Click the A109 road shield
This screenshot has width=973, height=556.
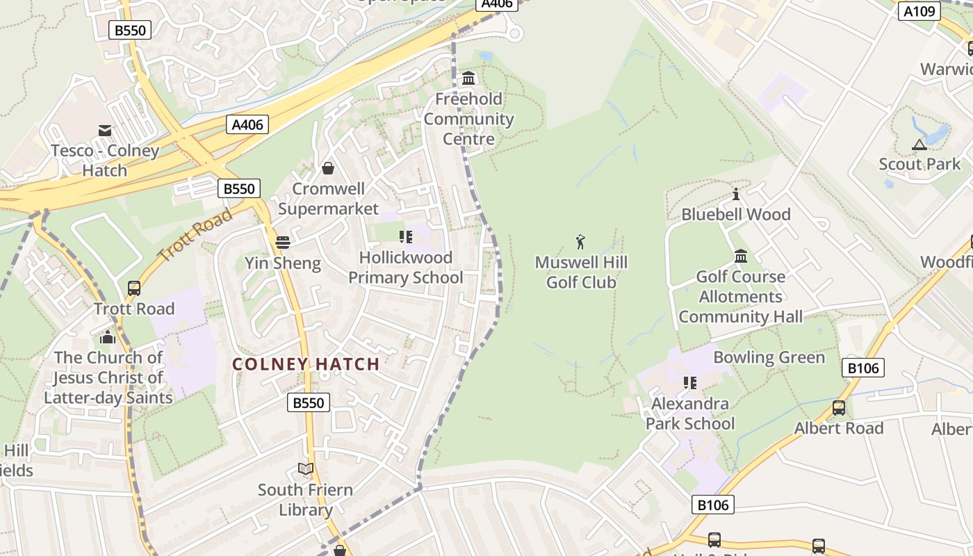click(x=920, y=10)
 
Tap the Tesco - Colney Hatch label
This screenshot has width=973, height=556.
click(x=105, y=161)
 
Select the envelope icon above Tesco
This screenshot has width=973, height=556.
click(x=105, y=130)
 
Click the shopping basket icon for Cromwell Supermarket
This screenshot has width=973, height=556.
click(x=328, y=168)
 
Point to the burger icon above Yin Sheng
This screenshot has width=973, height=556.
click(x=283, y=243)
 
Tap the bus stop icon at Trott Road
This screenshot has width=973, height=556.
click(x=134, y=288)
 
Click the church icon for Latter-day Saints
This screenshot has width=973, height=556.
click(x=108, y=337)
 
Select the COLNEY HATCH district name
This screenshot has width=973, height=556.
click(x=306, y=364)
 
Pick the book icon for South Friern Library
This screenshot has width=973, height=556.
click(x=306, y=469)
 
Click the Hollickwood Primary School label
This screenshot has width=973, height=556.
click(x=405, y=268)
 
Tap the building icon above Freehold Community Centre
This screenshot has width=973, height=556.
click(x=469, y=78)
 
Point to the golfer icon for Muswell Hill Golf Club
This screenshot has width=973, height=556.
click(x=580, y=242)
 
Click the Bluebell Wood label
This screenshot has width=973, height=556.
click(x=736, y=214)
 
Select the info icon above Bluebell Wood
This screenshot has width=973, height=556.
click(x=736, y=194)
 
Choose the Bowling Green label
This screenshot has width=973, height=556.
click(x=769, y=357)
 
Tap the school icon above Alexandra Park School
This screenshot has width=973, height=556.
click(x=689, y=383)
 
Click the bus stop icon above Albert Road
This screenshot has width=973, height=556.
click(x=839, y=407)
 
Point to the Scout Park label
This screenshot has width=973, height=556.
click(x=919, y=164)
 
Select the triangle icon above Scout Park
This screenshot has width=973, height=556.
click(x=919, y=145)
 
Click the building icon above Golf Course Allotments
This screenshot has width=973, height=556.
click(x=741, y=256)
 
